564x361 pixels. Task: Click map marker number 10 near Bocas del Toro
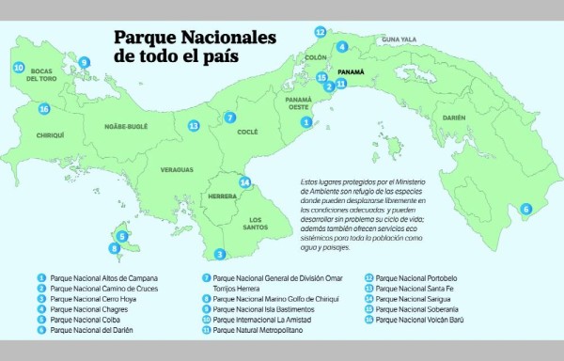coord(19,68)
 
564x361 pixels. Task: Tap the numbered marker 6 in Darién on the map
coord(525,209)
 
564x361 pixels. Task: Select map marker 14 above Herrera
coord(245,182)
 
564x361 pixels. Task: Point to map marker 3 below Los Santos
coord(220,254)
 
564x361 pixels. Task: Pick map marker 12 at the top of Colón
coord(321,31)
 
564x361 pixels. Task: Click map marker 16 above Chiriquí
coord(43,109)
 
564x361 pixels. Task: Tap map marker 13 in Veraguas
coord(194,125)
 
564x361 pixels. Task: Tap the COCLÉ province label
coord(247,133)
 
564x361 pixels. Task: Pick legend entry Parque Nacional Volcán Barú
coord(420,320)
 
